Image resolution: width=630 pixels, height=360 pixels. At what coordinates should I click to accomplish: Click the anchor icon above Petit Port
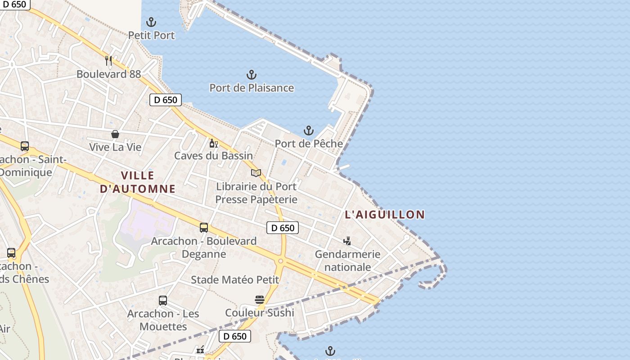(151, 22)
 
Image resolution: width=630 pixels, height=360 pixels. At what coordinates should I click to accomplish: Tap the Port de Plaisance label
(252, 88)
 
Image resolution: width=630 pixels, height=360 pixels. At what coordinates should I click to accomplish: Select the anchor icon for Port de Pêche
(308, 130)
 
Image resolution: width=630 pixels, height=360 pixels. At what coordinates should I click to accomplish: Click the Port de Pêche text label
(308, 144)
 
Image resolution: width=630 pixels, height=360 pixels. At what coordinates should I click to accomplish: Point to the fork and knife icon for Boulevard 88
(108, 61)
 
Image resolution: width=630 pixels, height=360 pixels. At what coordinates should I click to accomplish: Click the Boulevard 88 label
(108, 74)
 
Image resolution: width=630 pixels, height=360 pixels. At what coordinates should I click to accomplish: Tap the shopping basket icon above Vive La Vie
(115, 134)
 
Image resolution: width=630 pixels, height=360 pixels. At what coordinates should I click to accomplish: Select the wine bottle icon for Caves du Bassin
(213, 143)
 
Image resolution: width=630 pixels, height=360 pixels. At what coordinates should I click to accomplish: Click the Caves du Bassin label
(213, 156)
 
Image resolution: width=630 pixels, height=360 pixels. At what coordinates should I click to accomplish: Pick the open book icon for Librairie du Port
(256, 173)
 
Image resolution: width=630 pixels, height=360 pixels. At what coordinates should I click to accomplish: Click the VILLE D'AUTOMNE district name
(138, 182)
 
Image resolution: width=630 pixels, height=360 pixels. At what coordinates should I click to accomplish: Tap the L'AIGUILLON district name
(385, 215)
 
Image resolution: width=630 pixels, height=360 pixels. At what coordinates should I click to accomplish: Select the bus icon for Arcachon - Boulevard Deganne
(204, 228)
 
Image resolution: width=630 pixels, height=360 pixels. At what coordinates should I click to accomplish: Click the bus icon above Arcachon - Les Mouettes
(163, 300)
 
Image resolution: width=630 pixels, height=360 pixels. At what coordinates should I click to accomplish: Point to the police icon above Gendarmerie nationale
(347, 241)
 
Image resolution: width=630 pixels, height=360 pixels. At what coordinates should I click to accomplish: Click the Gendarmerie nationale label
(347, 261)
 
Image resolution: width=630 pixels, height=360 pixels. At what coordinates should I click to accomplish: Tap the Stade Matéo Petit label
(235, 280)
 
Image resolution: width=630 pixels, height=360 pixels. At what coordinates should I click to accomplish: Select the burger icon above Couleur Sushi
(259, 300)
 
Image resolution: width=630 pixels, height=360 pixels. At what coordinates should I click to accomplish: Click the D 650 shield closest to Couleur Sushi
(234, 336)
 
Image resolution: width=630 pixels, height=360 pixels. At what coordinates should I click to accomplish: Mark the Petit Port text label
(151, 35)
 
